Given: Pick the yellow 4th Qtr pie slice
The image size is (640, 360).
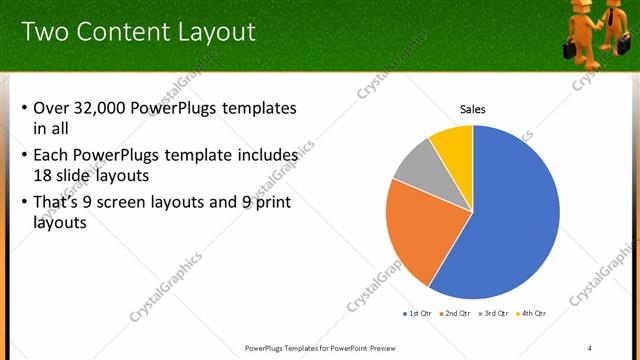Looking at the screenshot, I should (454, 145).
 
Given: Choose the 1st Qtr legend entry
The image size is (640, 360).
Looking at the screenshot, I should (419, 313).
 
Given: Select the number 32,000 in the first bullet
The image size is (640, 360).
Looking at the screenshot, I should (109, 108).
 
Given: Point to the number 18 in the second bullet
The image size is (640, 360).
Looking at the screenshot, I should (43, 174).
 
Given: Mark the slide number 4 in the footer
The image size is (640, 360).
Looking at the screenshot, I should (590, 347).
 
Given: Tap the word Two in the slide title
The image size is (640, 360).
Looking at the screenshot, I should (43, 32).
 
